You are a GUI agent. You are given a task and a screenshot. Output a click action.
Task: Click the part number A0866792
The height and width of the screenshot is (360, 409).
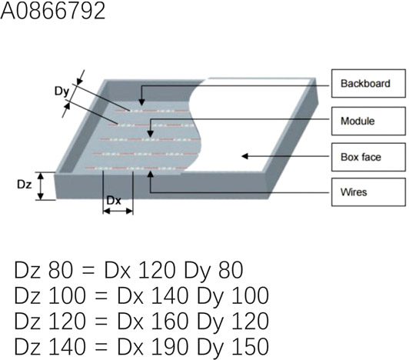tap(53, 11)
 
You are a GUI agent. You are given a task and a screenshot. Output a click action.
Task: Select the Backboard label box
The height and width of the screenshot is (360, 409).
tap(368, 83)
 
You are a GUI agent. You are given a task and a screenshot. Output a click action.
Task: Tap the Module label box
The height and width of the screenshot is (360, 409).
tap(368, 121)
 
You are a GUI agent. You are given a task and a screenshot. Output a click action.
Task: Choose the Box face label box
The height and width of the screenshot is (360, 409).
tap(368, 157)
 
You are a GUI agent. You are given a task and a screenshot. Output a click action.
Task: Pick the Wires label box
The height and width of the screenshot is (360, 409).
tap(368, 192)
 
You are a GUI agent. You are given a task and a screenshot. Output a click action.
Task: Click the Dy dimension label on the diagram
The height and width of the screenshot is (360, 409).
tap(62, 92)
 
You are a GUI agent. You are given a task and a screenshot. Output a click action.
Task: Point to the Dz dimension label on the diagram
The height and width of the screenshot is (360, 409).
tap(25, 185)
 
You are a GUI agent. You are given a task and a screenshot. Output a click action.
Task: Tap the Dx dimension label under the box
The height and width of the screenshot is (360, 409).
tap(114, 201)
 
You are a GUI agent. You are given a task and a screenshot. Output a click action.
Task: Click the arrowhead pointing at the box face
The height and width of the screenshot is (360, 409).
tap(244, 156)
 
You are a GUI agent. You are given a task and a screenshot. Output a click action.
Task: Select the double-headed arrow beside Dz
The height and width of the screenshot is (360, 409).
tap(41, 186)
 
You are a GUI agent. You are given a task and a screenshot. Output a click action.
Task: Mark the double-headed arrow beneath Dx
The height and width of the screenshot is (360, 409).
tap(118, 211)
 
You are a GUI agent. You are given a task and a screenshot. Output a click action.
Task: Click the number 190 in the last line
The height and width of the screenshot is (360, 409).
tap(170, 346)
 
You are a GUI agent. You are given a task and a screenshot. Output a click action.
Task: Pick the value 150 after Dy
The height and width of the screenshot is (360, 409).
tap(250, 346)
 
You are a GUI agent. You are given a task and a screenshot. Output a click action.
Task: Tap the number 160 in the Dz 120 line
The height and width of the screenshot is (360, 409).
tap(170, 321)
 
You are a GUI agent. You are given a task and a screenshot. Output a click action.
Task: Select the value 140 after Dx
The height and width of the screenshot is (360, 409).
tap(170, 295)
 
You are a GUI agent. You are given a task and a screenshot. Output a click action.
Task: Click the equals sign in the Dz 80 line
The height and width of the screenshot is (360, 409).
tap(88, 271)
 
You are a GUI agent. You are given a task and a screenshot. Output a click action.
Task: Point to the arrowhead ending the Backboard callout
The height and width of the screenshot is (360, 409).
tap(141, 102)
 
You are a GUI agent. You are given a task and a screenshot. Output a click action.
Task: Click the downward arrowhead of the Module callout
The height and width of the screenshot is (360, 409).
tap(150, 134)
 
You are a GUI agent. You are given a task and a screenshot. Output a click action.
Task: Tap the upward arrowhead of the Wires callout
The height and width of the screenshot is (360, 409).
tap(150, 174)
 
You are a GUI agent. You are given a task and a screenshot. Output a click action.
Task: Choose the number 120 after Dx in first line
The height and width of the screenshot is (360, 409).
tap(157, 270)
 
